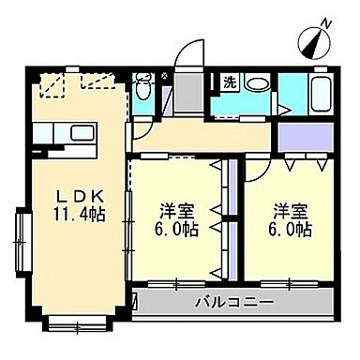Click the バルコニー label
pyautogui.click(x=233, y=303)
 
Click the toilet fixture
pyautogui.click(x=142, y=90)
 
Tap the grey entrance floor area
pyautogui.click(x=187, y=95)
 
